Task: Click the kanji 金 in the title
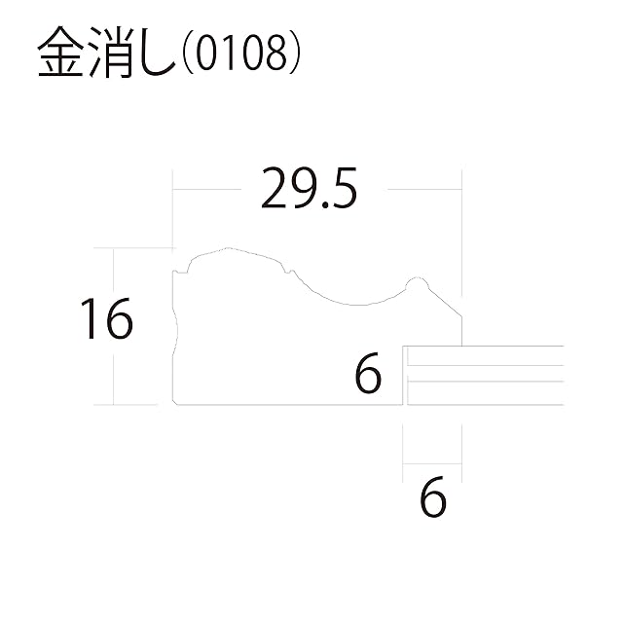[x=59, y=56]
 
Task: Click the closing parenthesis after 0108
[x=291, y=56]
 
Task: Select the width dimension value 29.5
[x=309, y=190]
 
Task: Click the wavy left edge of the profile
[x=175, y=321]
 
